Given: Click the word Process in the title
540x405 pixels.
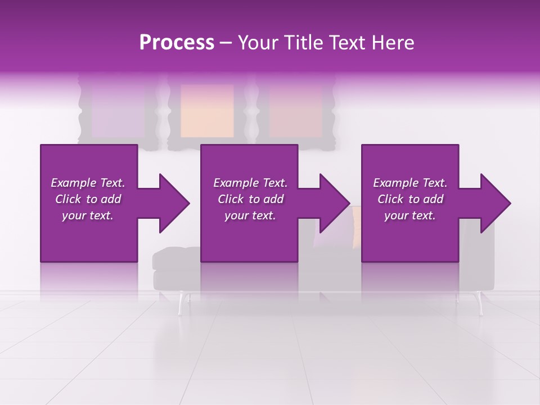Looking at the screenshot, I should pos(177,43).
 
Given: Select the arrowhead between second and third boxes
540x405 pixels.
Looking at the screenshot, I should pos(331,203).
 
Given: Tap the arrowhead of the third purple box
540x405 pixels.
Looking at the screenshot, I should pos(492,203).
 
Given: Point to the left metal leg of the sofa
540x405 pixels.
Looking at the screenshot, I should pos(182,304).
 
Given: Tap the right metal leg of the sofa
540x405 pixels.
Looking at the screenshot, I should pos(480,304).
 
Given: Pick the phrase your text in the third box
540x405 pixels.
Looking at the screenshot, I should pos(409,215).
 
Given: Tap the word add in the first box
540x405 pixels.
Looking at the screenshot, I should pos(110,199).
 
